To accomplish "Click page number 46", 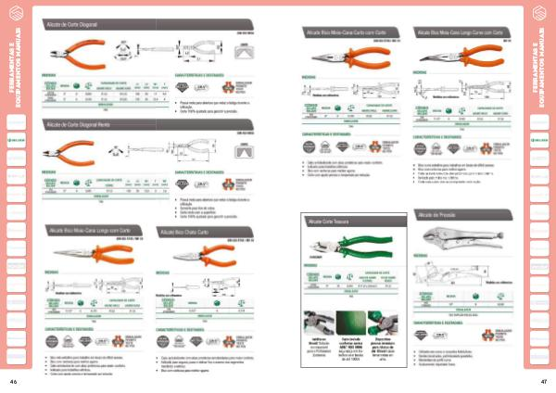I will click(x=13, y=381).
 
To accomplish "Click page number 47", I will click(x=543, y=381).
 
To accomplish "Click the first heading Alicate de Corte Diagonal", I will click(x=75, y=22).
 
